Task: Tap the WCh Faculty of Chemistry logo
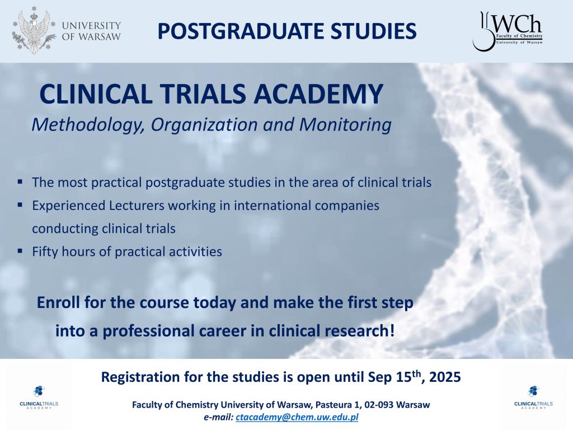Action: [508, 31]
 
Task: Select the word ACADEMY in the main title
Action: [318, 94]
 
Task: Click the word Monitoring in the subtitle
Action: [345, 125]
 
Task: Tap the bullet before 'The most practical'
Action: [20, 181]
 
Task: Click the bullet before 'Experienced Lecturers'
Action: [20, 204]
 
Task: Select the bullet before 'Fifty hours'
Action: [20, 251]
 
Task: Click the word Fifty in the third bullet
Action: [45, 251]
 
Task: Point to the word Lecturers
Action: [137, 205]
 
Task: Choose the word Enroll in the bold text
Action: [59, 302]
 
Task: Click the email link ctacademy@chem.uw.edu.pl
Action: [297, 417]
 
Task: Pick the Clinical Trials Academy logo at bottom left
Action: [39, 397]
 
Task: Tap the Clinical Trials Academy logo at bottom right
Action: [533, 397]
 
